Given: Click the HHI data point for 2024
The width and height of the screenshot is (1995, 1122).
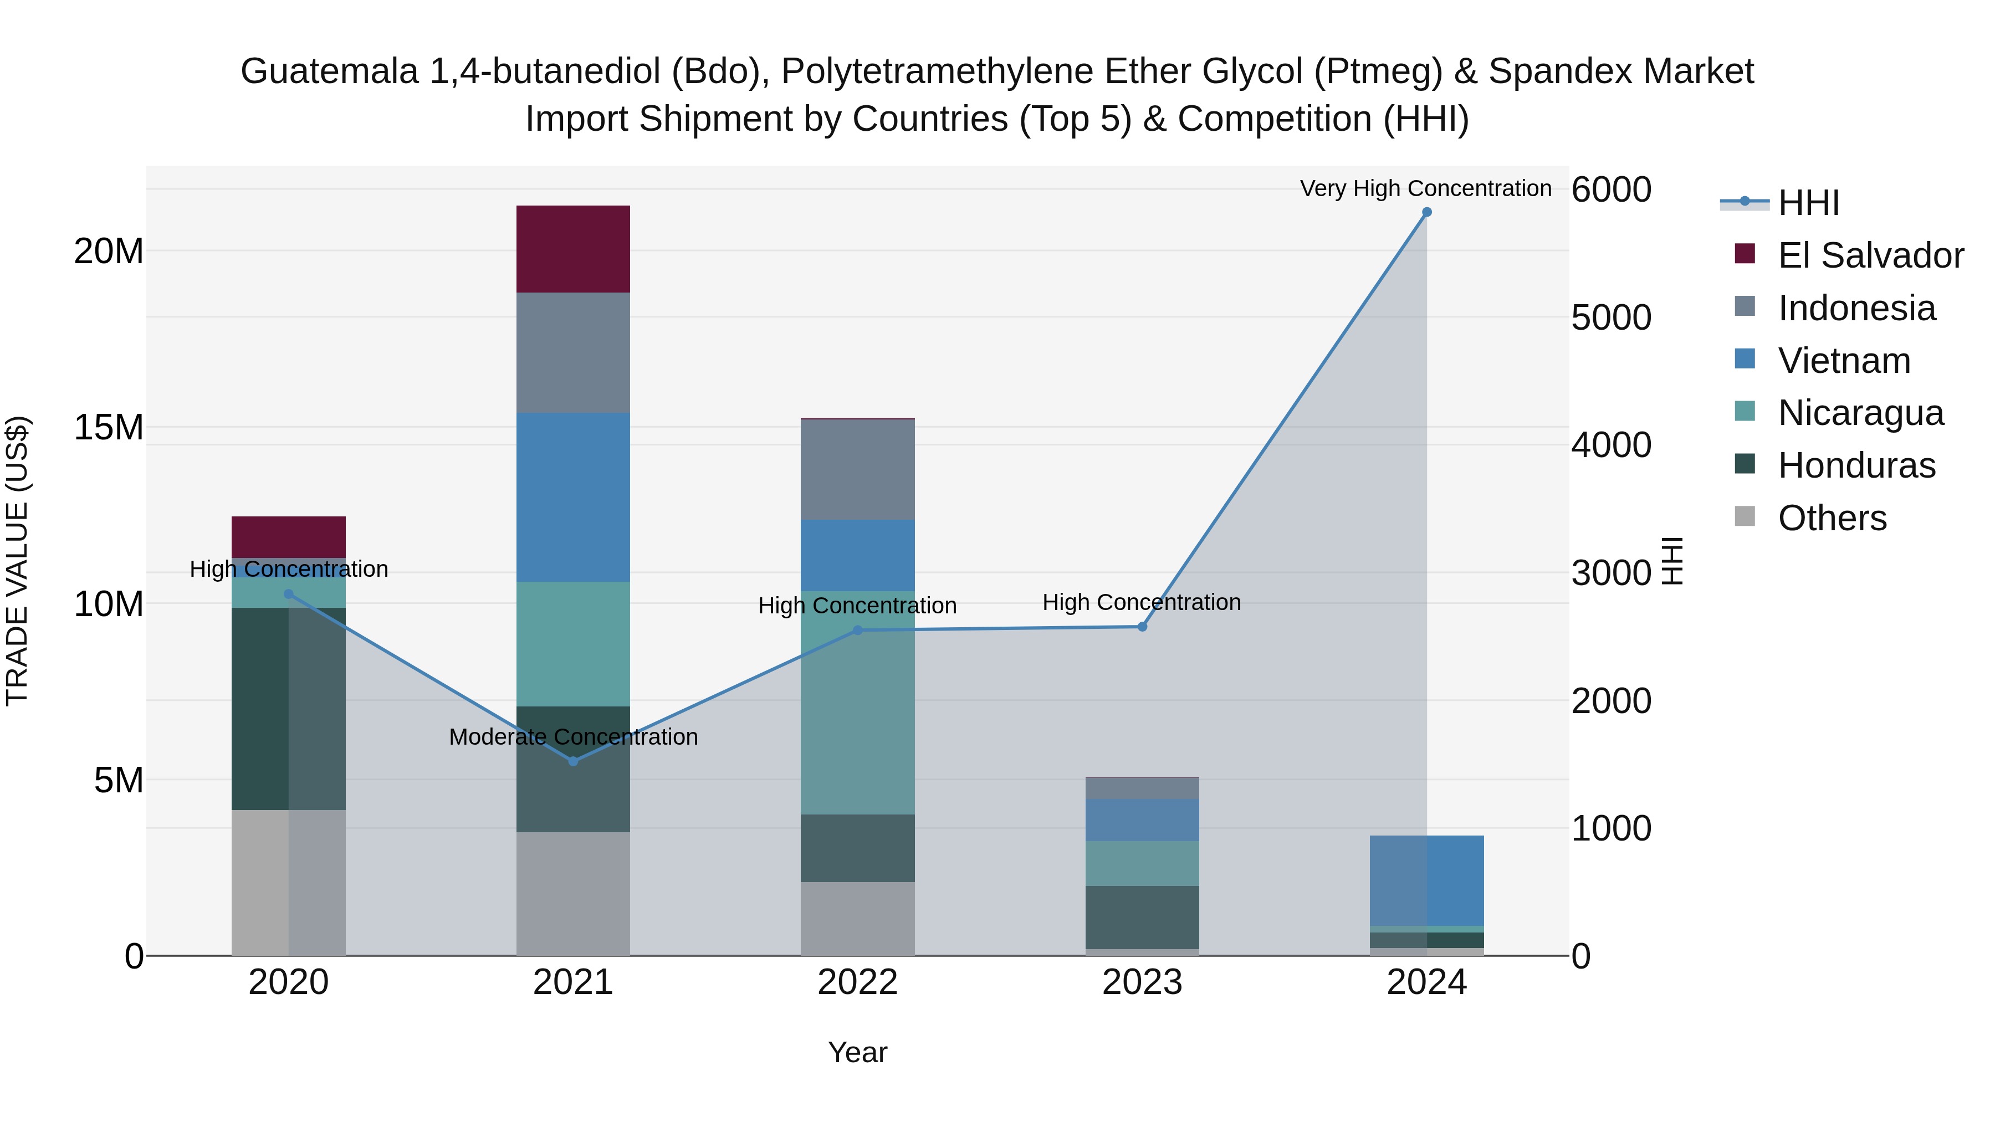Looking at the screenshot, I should tap(1426, 212).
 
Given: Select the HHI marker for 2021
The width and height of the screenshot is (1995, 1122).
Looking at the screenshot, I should tap(573, 761).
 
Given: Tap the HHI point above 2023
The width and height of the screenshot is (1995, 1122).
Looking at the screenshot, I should tap(1142, 627).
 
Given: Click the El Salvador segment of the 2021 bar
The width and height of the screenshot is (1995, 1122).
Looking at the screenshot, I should tap(573, 249).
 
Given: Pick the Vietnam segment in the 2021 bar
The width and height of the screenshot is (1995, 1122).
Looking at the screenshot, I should tap(573, 496).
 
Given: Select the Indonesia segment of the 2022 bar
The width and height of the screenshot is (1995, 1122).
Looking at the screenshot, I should tap(857, 469).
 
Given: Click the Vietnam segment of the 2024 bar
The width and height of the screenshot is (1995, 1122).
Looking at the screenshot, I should tap(1426, 880).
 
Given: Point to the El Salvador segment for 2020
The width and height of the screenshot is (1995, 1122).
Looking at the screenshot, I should tap(288, 536).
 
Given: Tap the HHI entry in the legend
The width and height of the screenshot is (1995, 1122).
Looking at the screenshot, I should tap(1808, 203).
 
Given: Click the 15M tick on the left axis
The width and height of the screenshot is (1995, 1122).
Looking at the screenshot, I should tap(109, 427).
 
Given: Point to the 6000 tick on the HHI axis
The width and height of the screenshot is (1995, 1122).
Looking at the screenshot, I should tap(1611, 189).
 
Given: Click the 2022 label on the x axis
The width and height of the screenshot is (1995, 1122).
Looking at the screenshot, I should tap(857, 982).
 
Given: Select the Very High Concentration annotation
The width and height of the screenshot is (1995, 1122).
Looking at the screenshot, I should tap(1425, 188).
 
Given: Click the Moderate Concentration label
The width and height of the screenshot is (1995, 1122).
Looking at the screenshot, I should tap(573, 736).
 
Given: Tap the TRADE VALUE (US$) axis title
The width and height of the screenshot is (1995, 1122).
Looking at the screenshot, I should tap(17, 561).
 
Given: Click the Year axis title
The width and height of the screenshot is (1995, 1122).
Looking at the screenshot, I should tap(857, 1052).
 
